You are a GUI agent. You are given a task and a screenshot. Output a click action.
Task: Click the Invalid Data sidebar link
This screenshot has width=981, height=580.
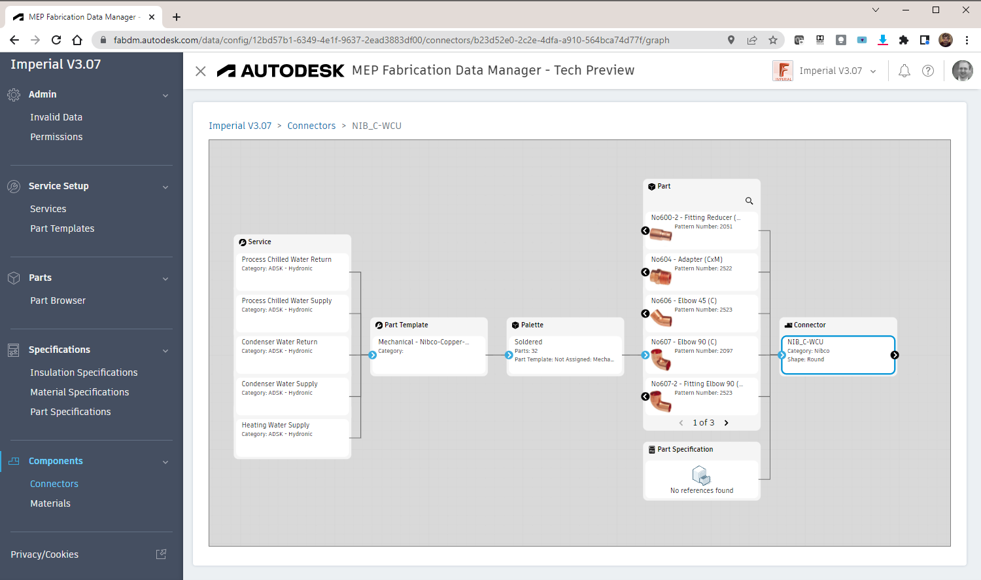56,117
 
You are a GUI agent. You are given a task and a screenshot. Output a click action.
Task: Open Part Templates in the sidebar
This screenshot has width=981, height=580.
62,228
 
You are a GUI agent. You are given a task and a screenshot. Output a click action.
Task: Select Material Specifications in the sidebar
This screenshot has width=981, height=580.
79,392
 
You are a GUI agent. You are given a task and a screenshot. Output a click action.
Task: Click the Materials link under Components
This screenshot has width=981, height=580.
50,503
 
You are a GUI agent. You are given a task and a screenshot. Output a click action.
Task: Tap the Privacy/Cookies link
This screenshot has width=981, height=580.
44,554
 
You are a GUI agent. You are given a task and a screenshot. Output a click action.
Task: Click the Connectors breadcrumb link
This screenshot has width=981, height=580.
311,126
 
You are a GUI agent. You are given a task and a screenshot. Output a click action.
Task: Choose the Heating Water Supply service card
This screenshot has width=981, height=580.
292,437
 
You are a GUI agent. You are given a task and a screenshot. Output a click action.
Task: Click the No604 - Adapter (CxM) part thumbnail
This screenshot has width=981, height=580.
661,276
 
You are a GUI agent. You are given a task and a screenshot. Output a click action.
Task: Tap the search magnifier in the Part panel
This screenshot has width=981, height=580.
749,201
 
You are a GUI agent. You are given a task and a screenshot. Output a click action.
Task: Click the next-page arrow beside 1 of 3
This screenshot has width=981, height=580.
727,423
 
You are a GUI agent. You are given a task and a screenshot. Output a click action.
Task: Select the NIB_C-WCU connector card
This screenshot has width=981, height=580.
838,355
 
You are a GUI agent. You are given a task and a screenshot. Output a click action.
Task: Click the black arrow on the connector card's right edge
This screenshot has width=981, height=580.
895,355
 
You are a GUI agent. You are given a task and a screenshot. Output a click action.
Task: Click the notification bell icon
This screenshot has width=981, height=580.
904,71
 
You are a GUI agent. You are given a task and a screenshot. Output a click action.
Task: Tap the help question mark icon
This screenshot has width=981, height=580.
928,71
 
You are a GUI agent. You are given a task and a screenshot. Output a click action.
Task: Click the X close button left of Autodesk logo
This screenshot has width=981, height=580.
201,71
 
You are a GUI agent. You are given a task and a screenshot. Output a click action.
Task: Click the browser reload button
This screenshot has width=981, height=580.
56,40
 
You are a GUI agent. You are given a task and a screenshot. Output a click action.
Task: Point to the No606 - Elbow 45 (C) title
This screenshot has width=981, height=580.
683,300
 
